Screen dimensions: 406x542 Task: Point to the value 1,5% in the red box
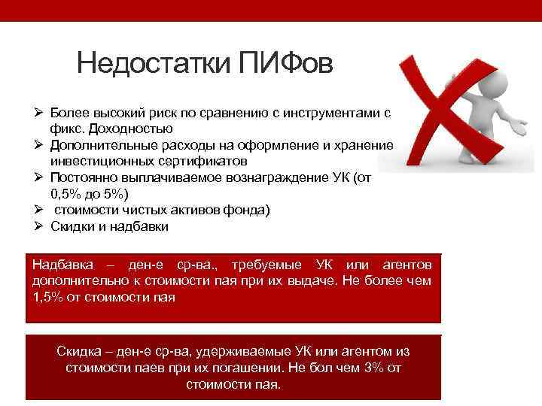point(47,296)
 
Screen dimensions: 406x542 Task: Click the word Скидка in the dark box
point(78,352)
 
